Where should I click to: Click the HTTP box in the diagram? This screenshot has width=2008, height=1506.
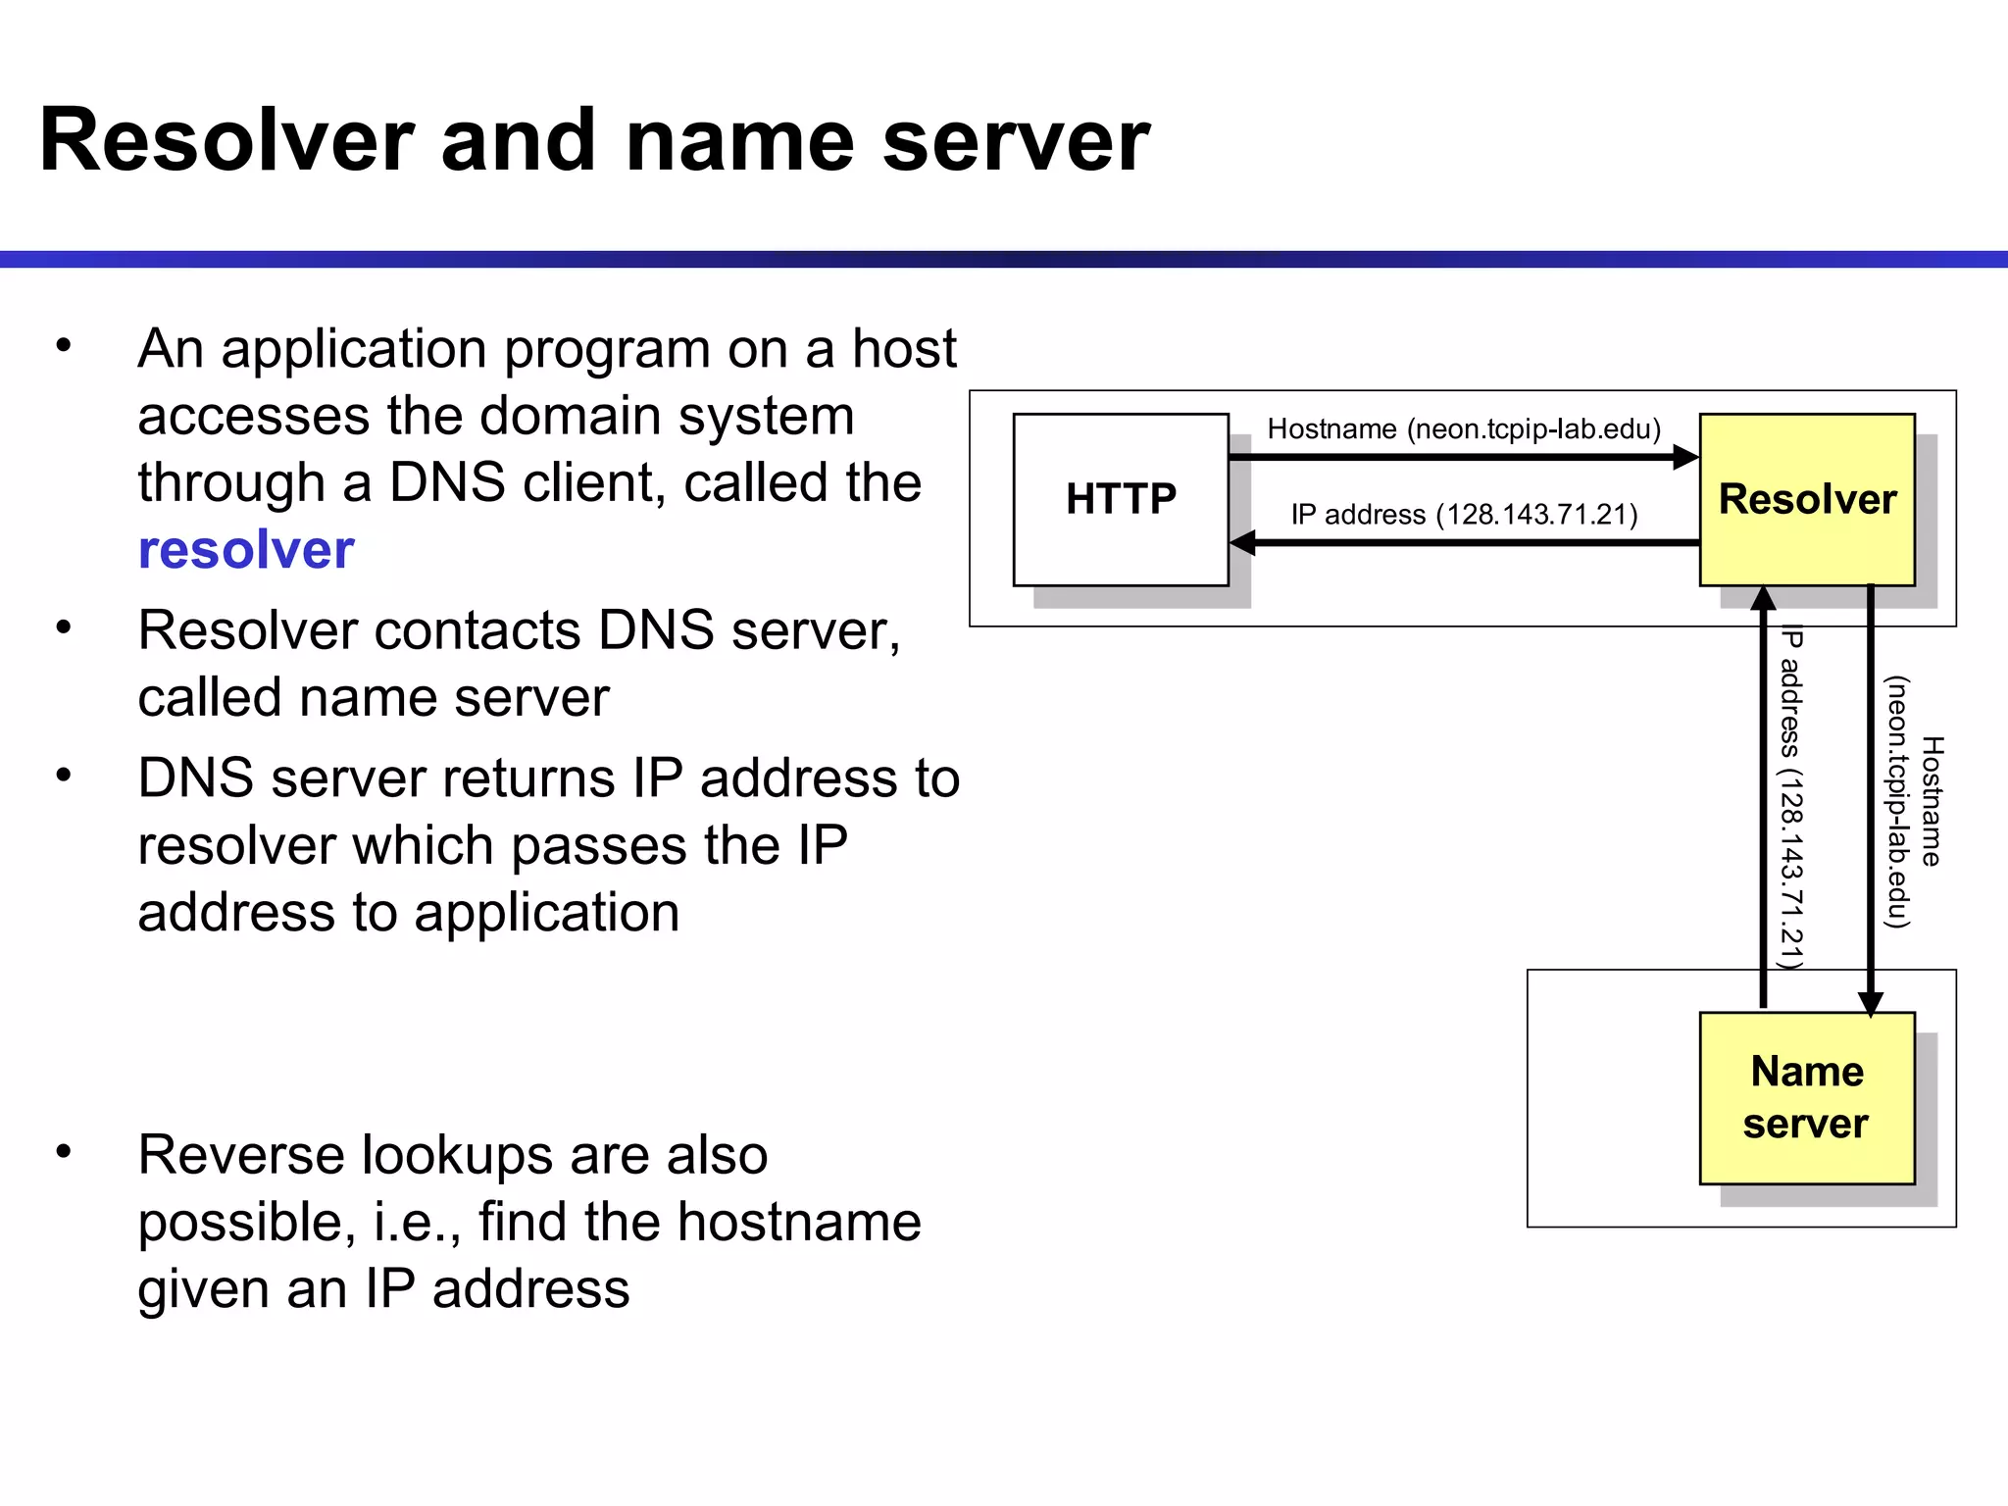point(1120,499)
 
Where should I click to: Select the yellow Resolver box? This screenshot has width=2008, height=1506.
point(1806,499)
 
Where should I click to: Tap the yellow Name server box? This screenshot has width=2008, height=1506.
point(1806,1097)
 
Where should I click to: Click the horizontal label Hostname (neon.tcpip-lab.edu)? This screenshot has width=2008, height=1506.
point(1463,429)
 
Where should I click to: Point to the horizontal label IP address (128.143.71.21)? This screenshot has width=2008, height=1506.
point(1463,515)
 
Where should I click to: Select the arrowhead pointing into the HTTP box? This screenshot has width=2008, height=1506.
point(1242,542)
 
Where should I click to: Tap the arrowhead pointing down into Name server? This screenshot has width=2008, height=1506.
point(1870,1004)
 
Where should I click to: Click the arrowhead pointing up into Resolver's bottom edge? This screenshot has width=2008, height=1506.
point(1763,598)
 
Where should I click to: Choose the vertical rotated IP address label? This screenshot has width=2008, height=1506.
point(1791,796)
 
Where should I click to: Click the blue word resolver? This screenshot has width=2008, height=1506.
point(246,549)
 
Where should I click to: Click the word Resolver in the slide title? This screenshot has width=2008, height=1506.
point(226,140)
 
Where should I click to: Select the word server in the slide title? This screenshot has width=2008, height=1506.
point(1016,140)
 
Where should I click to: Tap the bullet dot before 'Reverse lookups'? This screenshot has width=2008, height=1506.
point(65,1151)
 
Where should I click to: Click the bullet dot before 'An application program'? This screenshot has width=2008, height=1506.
point(65,345)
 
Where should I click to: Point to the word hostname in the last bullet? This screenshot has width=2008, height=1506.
point(798,1222)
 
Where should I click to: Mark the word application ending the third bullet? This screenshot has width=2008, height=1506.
point(546,913)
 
